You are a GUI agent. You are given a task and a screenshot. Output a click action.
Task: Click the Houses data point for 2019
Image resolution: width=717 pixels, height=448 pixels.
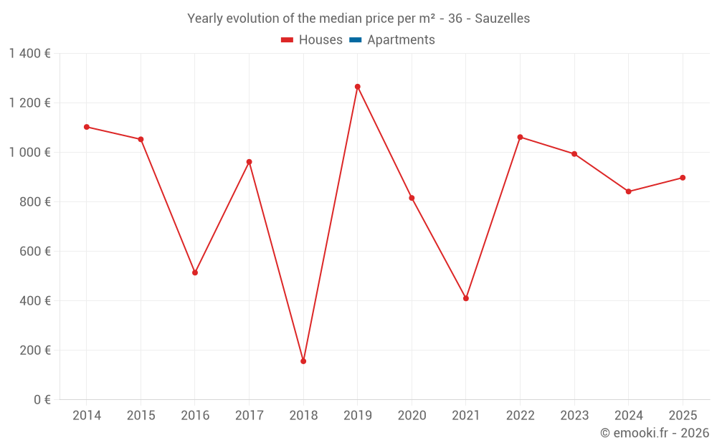tap(357, 87)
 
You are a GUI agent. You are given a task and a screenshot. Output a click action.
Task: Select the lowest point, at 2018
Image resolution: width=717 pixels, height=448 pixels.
tap(303, 361)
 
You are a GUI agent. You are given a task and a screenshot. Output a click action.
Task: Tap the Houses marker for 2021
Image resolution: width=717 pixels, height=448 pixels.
tap(466, 298)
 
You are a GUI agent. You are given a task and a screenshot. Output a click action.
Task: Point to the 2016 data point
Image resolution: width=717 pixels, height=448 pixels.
tap(195, 272)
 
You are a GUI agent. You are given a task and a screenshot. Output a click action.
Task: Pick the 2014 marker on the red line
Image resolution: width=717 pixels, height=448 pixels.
tap(87, 127)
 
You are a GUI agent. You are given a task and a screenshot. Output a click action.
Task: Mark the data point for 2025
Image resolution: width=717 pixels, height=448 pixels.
tap(683, 178)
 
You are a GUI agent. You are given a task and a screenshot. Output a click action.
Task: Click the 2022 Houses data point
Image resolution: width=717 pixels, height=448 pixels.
tap(520, 137)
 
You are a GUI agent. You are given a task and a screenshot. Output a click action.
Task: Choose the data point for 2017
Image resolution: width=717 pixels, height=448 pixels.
tap(249, 162)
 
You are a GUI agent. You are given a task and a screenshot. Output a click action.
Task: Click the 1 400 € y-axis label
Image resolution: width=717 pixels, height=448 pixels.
tap(29, 54)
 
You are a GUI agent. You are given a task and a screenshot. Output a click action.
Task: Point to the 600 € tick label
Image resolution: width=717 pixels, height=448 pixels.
tap(36, 252)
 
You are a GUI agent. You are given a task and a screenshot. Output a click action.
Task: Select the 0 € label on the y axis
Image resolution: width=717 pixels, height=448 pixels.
tap(42, 400)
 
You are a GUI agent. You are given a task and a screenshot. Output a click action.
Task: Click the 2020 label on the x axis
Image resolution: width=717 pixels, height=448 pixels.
tap(412, 416)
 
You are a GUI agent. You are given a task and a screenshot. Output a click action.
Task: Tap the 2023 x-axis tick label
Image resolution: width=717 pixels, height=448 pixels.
tap(574, 416)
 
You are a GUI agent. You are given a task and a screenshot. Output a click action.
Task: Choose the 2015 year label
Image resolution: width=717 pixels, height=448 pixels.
tap(141, 416)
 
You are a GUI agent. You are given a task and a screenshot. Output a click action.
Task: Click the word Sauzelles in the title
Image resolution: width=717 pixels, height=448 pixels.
tap(502, 19)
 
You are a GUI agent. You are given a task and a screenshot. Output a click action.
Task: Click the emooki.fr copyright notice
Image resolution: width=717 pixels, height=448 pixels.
tap(654, 434)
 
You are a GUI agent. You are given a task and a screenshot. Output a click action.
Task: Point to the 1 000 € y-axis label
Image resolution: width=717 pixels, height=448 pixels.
tap(29, 153)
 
